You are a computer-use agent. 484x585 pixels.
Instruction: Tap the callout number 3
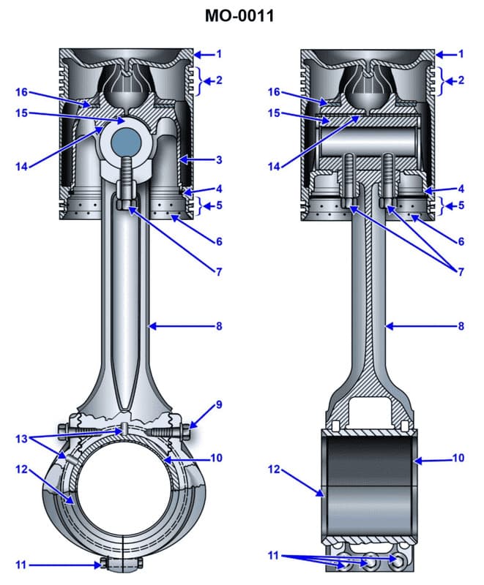tap(218, 159)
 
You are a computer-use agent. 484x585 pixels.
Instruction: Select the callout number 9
tap(218, 404)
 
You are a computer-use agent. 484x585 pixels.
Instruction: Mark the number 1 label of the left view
tap(218, 54)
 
